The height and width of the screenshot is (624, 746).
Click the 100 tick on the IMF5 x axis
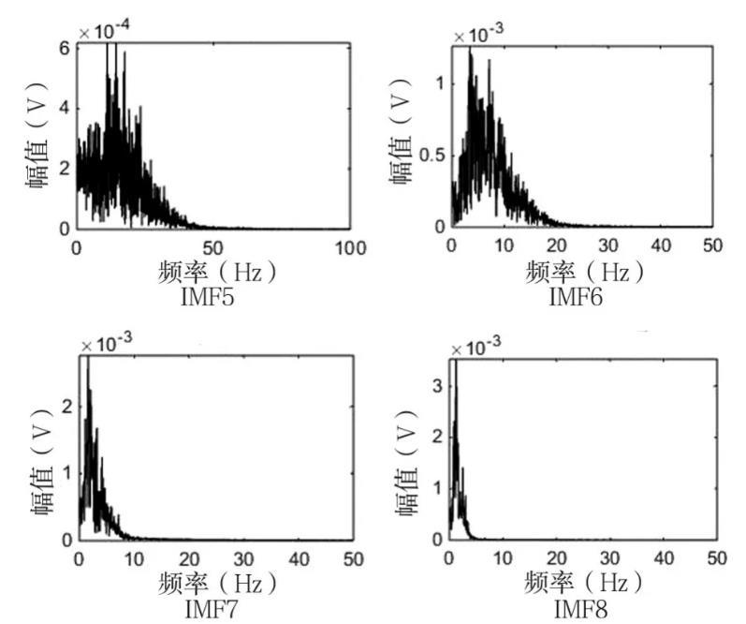coord(349,247)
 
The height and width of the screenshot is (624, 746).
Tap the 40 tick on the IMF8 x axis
coord(664,558)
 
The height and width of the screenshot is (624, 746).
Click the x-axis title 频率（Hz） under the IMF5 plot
coord(215,273)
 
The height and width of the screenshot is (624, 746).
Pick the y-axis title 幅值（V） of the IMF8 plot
coord(409,458)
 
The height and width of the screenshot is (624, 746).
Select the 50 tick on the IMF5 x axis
coord(213,247)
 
